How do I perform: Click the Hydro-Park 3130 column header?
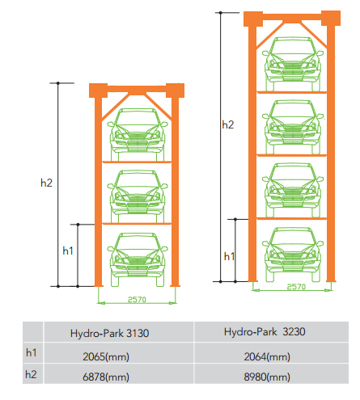[x=109, y=333]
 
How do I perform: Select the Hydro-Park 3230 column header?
[x=265, y=331]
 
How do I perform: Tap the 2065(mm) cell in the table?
[x=106, y=356]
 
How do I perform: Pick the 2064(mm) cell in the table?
[x=267, y=356]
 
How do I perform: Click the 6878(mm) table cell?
[x=106, y=377]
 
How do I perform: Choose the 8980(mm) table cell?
[x=267, y=377]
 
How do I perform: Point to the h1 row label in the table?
[x=32, y=352]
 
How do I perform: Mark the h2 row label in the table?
[x=31, y=374]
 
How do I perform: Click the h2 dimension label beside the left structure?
[x=46, y=183]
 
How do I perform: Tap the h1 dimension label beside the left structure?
[x=68, y=251]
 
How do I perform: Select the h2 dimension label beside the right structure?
[x=228, y=124]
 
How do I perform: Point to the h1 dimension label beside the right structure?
[x=229, y=256]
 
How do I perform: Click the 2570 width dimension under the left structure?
[x=137, y=300]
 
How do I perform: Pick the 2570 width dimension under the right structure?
[x=296, y=287]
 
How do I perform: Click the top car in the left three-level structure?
[x=138, y=135]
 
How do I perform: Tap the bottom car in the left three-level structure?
[x=138, y=259]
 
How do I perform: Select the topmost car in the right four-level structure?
[x=293, y=64]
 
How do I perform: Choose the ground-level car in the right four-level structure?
[x=293, y=255]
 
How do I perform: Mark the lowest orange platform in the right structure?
[x=292, y=218]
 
